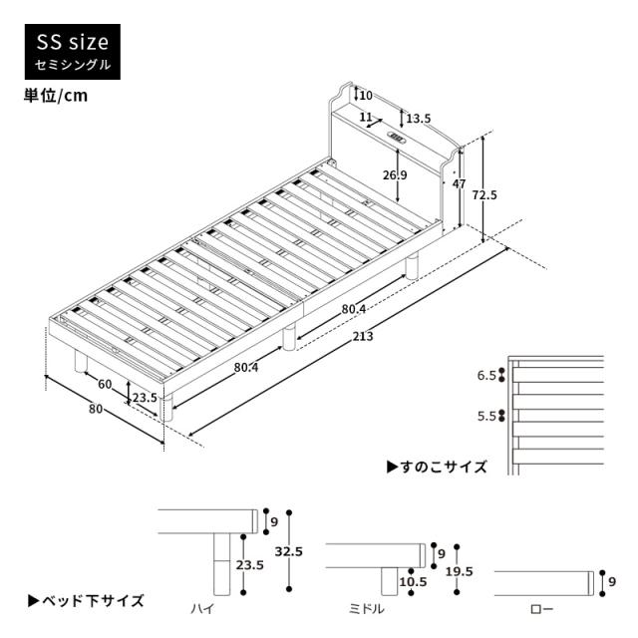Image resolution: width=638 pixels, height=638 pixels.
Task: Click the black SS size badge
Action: tap(73, 52)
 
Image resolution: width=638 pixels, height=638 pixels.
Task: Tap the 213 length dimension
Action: tap(362, 337)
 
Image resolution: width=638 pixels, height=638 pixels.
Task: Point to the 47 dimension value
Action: tap(459, 184)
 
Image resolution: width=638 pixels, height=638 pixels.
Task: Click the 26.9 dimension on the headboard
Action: tap(396, 175)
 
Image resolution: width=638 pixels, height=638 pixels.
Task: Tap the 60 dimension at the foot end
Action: tap(104, 384)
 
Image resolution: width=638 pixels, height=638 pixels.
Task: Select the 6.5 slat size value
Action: tap(486, 376)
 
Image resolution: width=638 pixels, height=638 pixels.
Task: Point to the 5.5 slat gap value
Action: tap(486, 417)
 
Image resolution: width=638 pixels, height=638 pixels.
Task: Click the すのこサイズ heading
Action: tap(438, 467)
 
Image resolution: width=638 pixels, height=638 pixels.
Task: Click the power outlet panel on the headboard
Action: tap(396, 139)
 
